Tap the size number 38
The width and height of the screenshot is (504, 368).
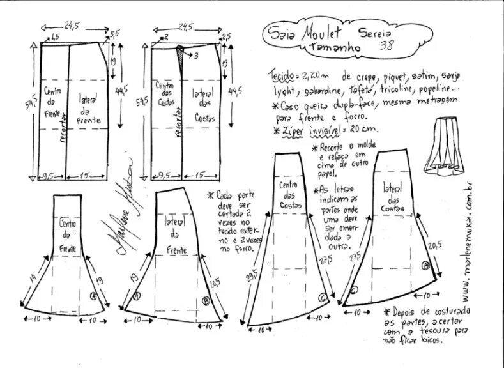[x=386, y=45]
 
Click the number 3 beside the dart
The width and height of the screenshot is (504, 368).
[x=196, y=56]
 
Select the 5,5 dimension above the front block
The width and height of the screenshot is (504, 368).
[x=114, y=33]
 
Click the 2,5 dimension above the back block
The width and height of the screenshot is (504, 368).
[x=225, y=36]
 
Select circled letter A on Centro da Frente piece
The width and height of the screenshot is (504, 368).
[x=93, y=296]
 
